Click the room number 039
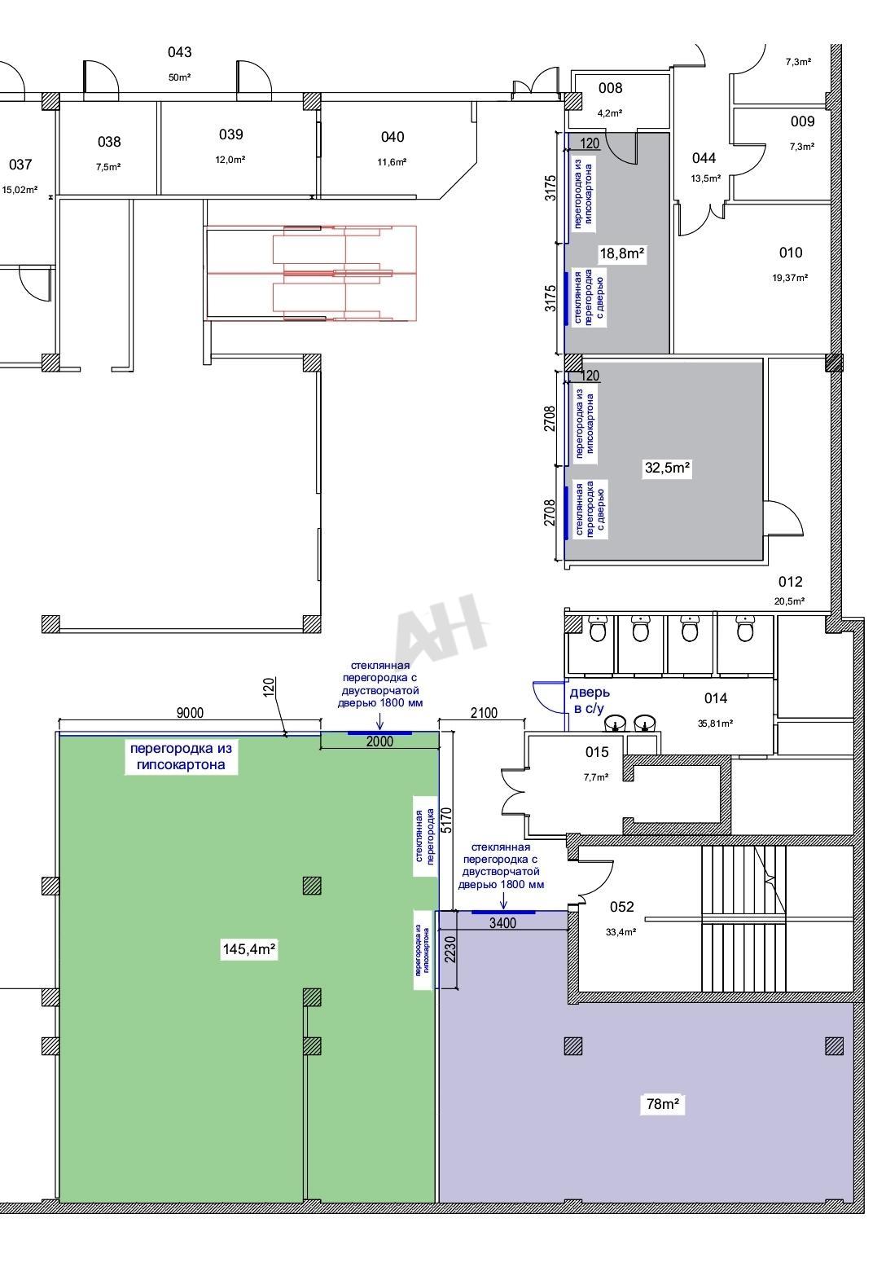click(230, 134)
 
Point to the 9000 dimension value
click(190, 713)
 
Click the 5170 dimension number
click(447, 820)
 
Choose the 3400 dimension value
click(502, 923)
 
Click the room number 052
click(621, 907)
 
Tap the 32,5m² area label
click(667, 468)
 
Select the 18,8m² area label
click(622, 253)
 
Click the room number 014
click(715, 698)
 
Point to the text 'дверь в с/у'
click(589, 700)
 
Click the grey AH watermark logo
click(441, 628)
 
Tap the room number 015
click(597, 752)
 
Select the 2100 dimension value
click(484, 713)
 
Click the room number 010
click(791, 253)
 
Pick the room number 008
click(610, 88)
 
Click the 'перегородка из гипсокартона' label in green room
click(181, 756)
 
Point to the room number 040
click(393, 137)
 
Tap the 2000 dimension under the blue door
click(379, 741)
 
